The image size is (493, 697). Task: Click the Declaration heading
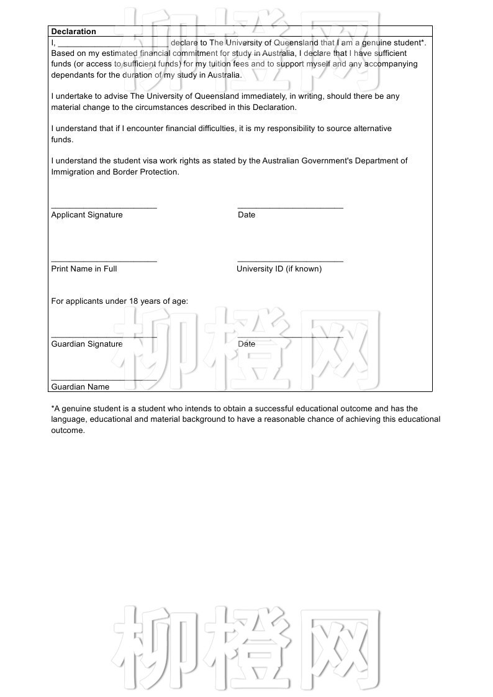73,32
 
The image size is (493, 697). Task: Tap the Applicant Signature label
87,215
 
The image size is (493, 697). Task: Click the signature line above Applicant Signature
104,207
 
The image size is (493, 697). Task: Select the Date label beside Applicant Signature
246,215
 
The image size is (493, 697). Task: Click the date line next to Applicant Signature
290,207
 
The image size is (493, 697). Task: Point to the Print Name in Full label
84,269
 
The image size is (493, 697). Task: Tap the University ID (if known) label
279,269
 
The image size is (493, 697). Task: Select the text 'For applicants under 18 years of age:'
119,301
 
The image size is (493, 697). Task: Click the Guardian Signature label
87,344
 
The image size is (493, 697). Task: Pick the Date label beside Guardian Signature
246,344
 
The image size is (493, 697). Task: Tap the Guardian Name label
80,387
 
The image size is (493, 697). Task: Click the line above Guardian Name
104,380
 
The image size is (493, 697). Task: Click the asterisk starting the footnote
53,408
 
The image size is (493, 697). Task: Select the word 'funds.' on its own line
62,140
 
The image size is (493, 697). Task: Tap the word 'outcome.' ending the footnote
68,430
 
